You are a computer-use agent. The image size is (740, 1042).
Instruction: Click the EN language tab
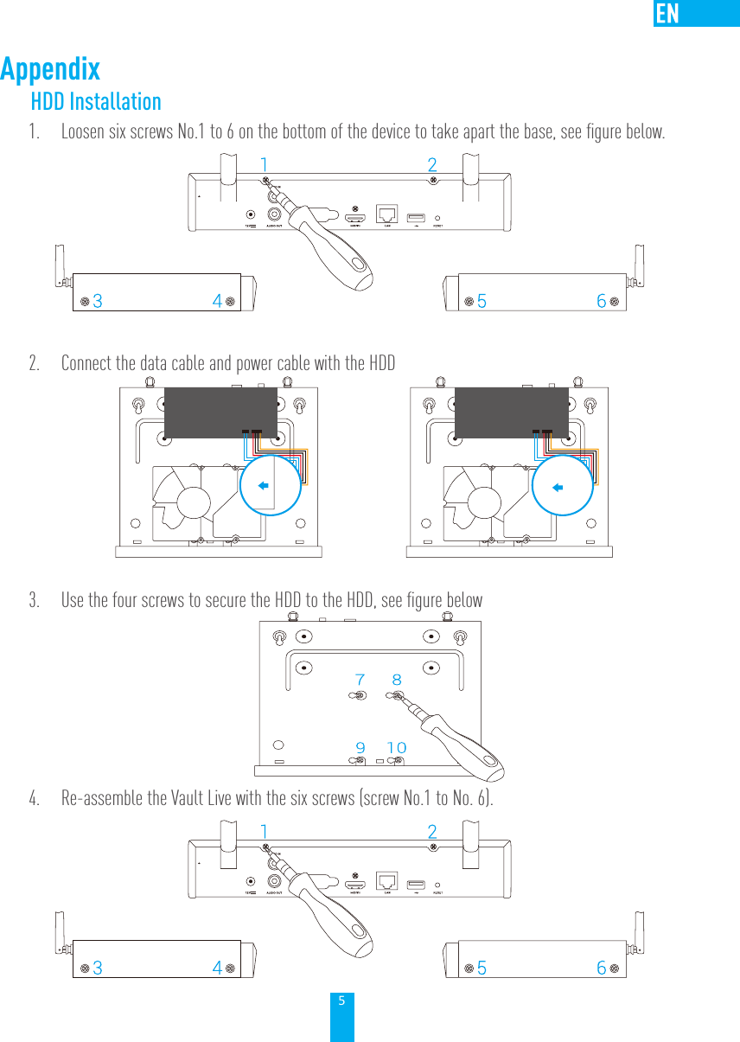[x=667, y=14]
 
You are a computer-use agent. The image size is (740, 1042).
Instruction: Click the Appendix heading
[x=50, y=69]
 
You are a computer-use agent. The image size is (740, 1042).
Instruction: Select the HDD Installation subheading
[x=96, y=101]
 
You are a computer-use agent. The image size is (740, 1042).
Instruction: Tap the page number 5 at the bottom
[x=341, y=1001]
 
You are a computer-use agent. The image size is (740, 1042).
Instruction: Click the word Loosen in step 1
[x=82, y=132]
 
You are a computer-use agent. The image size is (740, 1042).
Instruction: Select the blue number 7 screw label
[x=360, y=681]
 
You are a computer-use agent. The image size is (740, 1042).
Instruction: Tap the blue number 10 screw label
[x=397, y=747]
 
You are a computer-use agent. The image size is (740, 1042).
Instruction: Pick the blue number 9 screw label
[x=360, y=747]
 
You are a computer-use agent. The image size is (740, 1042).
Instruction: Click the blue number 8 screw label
[x=397, y=681]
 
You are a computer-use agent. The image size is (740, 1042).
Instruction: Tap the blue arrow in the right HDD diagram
[x=558, y=486]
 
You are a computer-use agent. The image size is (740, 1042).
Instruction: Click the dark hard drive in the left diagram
[x=220, y=412]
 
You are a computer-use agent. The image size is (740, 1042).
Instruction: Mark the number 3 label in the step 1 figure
[x=98, y=302]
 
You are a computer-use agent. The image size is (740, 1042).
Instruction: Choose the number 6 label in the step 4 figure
[x=602, y=968]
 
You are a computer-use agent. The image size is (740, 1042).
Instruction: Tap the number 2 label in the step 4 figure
[x=432, y=832]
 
